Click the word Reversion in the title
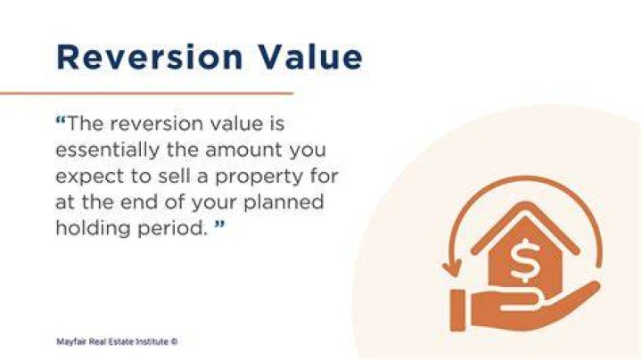tap(150, 56)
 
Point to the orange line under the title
tap(146, 94)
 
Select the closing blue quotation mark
tap(220, 225)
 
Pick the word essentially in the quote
tap(107, 150)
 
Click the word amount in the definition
tap(243, 150)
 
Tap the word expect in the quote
tap(90, 176)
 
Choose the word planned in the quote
tap(284, 202)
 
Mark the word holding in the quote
tap(94, 228)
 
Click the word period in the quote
tap(172, 228)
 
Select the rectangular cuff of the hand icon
tap(457, 310)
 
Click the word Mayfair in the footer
tap(71, 341)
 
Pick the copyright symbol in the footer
tap(174, 341)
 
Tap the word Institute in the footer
tap(152, 341)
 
